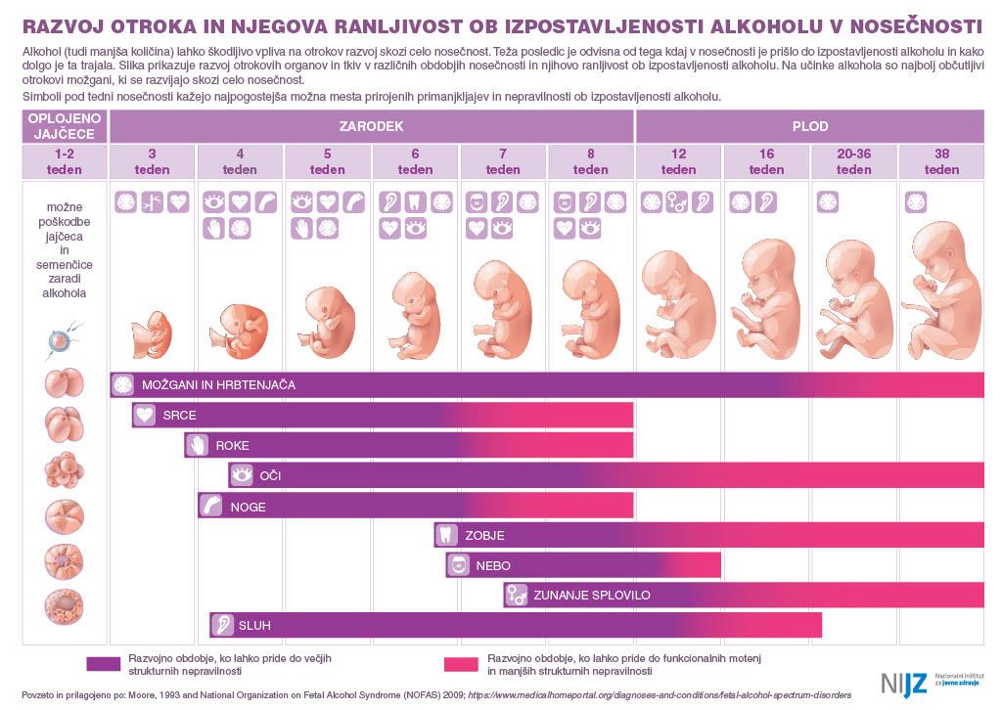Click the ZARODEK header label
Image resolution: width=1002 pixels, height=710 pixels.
371,126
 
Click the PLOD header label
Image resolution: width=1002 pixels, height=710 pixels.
809,126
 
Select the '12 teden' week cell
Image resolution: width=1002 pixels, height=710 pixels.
678,161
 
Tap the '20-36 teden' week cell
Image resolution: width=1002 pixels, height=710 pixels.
853,161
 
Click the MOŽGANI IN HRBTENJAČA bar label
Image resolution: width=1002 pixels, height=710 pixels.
218,385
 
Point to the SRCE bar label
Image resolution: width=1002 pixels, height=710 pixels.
179,416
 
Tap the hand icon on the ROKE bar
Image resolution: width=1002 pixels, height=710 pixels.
198,446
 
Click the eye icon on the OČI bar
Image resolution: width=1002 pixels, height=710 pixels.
242,476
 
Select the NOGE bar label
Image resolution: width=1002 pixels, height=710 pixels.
248,507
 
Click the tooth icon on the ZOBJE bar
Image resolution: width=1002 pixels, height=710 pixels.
447,535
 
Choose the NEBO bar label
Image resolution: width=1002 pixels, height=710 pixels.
493,565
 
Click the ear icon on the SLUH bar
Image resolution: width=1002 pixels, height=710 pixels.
222,625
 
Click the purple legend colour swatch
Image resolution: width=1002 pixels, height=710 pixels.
102,664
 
